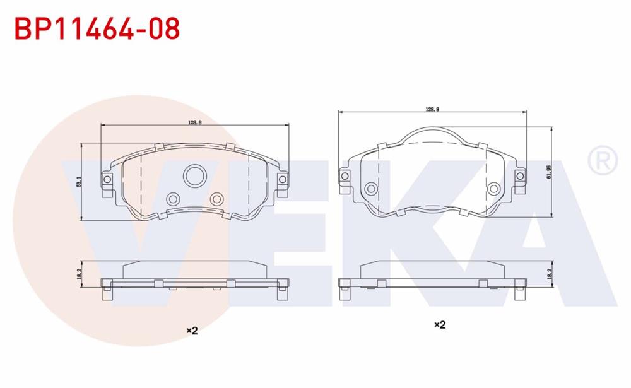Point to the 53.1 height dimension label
78,182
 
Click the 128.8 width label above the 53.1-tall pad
194,122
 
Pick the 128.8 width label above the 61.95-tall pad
432,109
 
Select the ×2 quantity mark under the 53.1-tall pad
192,331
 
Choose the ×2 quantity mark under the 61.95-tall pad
440,325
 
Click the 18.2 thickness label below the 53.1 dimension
78,274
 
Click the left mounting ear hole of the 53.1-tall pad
107,180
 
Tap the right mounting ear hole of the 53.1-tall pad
281,180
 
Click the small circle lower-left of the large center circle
172,199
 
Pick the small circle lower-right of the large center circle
216,199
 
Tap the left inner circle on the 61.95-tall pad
371,189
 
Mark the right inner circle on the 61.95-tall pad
494,189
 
